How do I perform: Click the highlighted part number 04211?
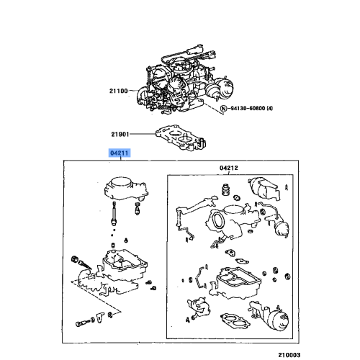(x=119, y=153)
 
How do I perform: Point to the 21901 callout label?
(x=120, y=133)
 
